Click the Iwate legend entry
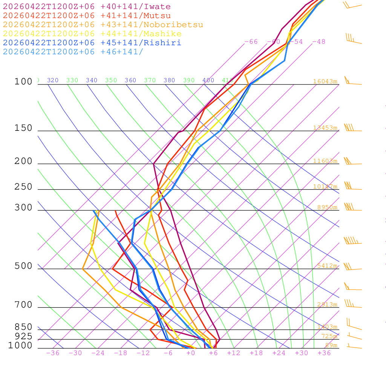(x=87, y=7)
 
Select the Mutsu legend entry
(x=87, y=16)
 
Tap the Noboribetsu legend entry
(x=103, y=25)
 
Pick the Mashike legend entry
(x=92, y=34)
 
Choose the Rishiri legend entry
(x=92, y=43)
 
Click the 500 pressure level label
(x=23, y=266)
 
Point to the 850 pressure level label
(x=23, y=327)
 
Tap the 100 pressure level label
(x=23, y=81)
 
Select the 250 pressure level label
(x=23, y=187)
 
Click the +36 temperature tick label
(x=324, y=353)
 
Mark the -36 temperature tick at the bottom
(x=52, y=353)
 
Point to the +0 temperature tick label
(x=191, y=353)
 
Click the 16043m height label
(x=325, y=81)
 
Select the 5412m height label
(x=327, y=266)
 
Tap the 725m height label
(x=329, y=336)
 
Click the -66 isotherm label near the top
(x=251, y=42)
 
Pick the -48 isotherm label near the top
(x=319, y=42)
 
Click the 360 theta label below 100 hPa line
(x=130, y=80)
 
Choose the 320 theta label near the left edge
(x=53, y=80)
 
